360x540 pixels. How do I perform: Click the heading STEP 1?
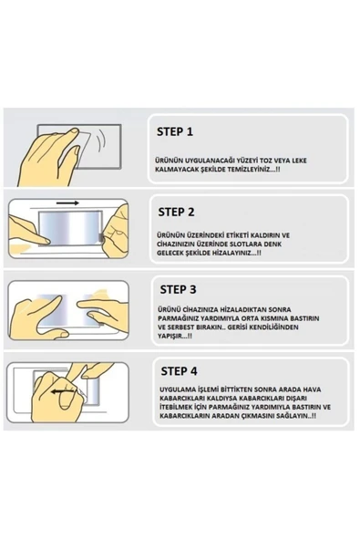click(175, 131)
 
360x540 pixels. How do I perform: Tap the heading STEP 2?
click(176, 212)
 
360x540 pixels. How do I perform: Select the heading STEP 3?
click(178, 289)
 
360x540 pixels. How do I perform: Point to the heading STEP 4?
click(179, 371)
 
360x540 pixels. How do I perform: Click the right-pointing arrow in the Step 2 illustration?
click(67, 203)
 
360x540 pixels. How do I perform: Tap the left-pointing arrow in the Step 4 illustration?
click(63, 391)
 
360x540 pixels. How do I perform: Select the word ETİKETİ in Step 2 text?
click(238, 235)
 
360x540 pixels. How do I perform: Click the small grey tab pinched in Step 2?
click(101, 238)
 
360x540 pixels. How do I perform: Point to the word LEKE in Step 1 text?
click(299, 161)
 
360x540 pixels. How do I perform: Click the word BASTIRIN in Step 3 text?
click(305, 318)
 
